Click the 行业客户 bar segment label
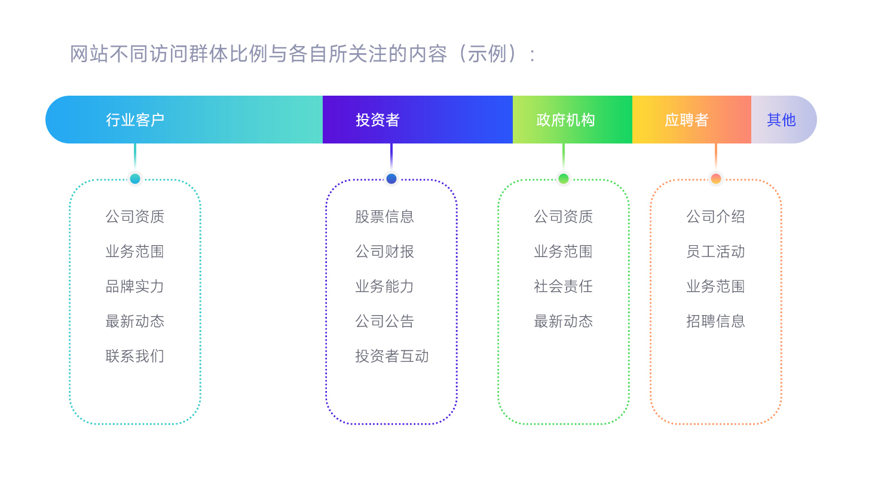tap(135, 120)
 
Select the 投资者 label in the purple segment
tap(377, 120)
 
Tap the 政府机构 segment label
tap(565, 120)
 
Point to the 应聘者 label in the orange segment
tap(686, 120)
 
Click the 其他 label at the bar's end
tap(781, 120)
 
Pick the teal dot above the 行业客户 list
tap(135, 179)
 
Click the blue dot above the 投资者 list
tap(391, 179)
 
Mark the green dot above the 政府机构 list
tap(563, 179)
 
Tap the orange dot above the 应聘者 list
tap(715, 179)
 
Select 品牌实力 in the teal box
tap(135, 286)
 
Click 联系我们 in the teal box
tap(135, 356)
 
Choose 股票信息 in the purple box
tap(384, 216)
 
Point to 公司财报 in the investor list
tap(384, 252)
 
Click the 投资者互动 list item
tap(391, 356)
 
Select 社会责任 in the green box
tap(563, 286)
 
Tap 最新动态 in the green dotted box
tap(563, 322)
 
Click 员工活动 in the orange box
tap(715, 252)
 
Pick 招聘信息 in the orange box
tap(715, 322)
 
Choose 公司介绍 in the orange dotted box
tap(715, 216)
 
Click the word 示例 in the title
tap(487, 54)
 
